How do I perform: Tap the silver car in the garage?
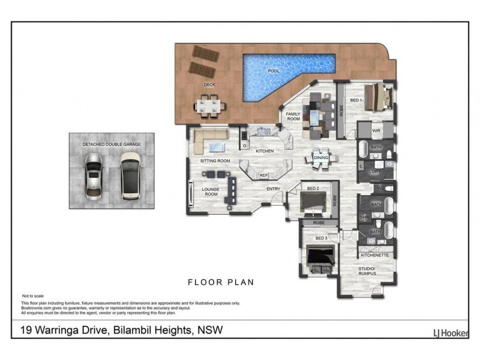pos(95,175)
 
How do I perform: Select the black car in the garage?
pos(130,175)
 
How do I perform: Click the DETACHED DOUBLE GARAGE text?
pos(111,145)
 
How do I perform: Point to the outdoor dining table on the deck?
pos(211,107)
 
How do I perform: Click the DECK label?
pos(209,85)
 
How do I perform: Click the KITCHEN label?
pos(265,151)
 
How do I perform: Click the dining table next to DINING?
pos(317,158)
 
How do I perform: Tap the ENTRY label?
pos(273,189)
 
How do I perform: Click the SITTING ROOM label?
pos(215,161)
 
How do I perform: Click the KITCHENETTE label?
pos(376,255)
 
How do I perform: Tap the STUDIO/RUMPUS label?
pos(368,271)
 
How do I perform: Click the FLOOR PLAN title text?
pos(221,281)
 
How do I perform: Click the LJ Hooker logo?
pos(451,332)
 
